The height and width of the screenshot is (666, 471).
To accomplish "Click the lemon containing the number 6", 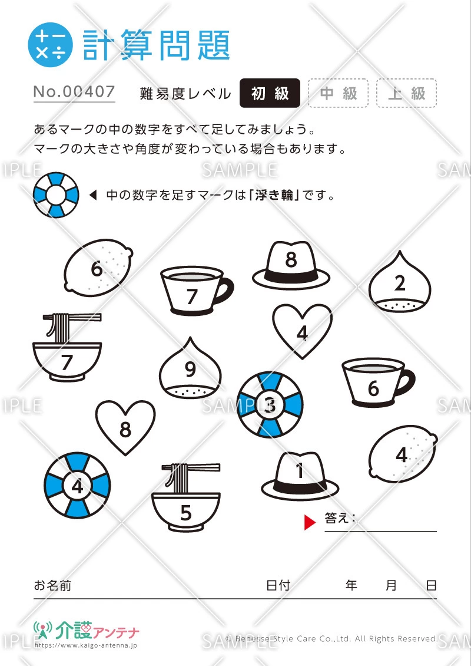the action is click(x=98, y=268).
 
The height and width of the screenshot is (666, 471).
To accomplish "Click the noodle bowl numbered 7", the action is click(x=67, y=348).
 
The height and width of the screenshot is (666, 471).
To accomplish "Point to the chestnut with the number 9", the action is click(x=191, y=369).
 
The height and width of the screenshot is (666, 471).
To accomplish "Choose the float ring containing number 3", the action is click(x=270, y=405).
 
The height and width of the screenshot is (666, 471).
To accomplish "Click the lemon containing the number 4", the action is click(x=403, y=454).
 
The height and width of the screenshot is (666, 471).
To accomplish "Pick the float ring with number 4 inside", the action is click(x=77, y=486).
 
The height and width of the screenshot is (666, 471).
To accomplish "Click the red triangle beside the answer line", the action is click(x=310, y=522).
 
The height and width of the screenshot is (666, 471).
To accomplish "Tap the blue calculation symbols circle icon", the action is click(x=50, y=45).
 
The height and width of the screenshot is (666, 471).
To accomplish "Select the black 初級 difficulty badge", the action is click(x=270, y=93).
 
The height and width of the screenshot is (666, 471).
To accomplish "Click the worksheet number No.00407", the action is click(x=74, y=92).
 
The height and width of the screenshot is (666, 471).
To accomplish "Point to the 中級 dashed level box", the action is click(x=338, y=93).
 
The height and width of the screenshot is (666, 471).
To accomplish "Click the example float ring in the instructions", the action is click(x=56, y=194).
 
